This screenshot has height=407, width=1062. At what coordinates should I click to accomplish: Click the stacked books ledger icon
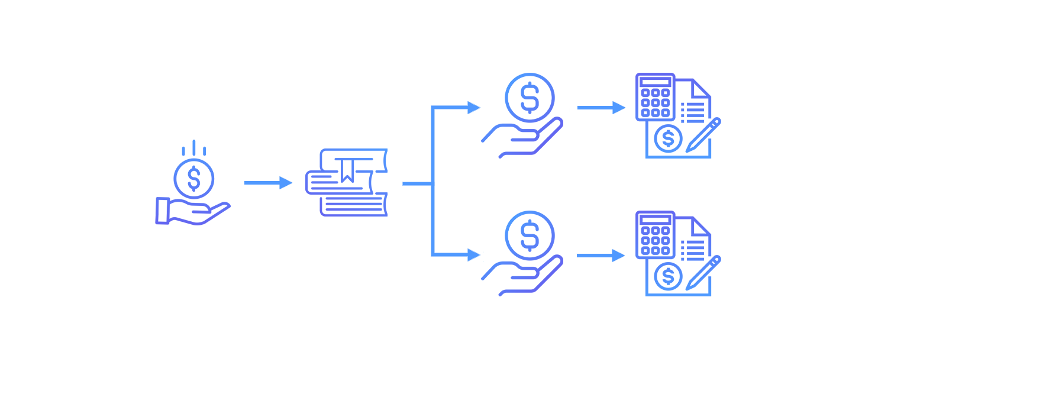347,182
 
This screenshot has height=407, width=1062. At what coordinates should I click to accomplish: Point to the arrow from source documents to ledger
267,183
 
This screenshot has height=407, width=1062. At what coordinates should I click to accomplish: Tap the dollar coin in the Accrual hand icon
530,98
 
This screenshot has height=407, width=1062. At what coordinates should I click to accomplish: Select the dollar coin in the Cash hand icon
530,236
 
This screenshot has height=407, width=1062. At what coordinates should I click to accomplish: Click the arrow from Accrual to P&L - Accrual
600,108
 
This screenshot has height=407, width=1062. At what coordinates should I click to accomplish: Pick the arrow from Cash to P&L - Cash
600,256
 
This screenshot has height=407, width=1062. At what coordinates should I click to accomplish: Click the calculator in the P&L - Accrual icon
655,97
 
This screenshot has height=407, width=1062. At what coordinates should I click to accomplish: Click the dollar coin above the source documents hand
194,178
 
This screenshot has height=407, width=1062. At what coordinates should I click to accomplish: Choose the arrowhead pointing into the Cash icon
474,255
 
